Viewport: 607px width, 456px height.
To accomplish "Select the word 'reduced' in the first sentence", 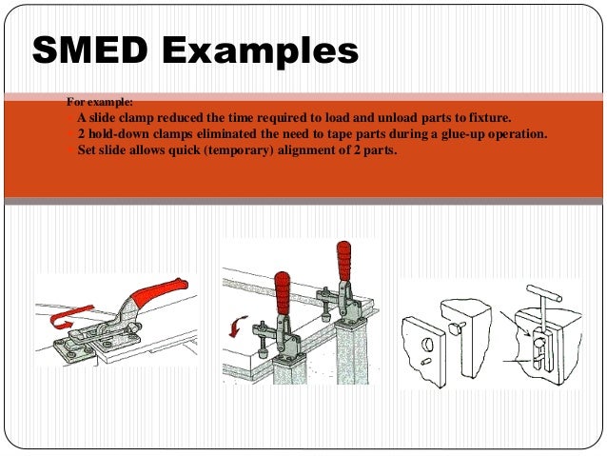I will coord(188,117).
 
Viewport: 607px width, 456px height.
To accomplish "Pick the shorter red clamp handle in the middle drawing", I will coord(283,290).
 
